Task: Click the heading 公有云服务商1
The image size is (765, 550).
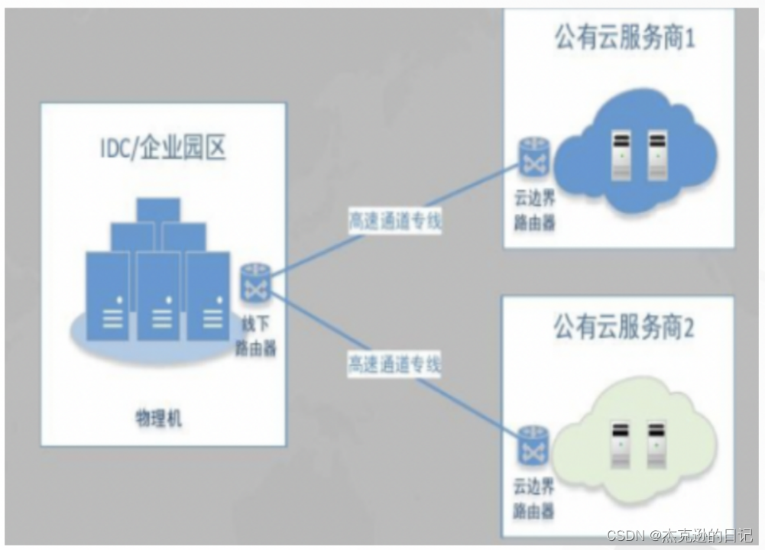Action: point(625,37)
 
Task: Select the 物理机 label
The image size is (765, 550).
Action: point(159,418)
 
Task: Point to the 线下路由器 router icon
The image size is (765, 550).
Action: point(252,281)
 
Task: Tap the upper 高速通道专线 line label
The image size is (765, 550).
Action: point(394,221)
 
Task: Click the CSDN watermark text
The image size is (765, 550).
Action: point(679,535)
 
